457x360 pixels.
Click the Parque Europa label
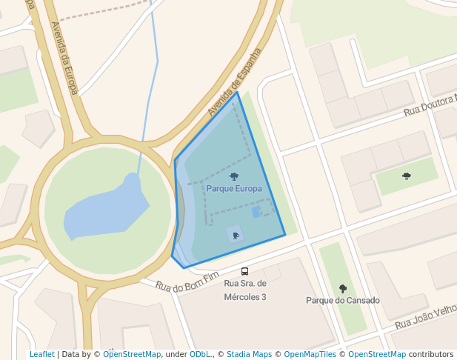pos(234,189)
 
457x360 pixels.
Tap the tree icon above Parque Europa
pos(234,176)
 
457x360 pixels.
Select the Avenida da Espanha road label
pos(235,82)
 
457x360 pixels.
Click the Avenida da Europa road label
pos(64,57)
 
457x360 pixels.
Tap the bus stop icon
pos(244,271)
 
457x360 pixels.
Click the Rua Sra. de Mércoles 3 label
pos(244,290)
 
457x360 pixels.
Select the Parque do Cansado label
pos(343,301)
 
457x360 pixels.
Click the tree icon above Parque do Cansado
pos(342,288)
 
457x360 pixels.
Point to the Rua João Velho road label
pos(425,318)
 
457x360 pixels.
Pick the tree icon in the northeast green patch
pos(407,176)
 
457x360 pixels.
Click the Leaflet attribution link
pos(42,355)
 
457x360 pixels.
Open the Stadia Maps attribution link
pos(249,355)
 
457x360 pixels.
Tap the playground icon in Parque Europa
pos(236,236)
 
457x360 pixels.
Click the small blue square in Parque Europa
pos(256,212)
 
